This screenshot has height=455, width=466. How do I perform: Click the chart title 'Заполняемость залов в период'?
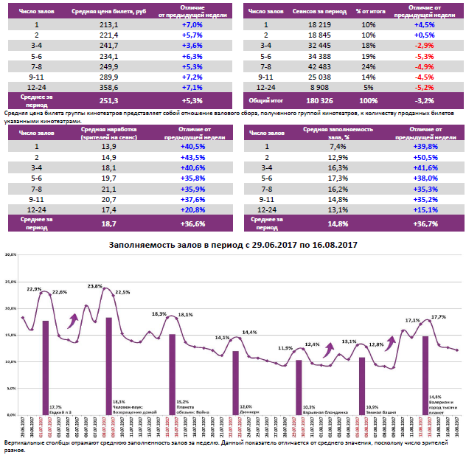233,245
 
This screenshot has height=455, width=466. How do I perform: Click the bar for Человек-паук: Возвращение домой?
109,365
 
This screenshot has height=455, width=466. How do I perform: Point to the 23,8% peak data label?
95,286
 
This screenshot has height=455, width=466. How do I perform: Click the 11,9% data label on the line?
285,348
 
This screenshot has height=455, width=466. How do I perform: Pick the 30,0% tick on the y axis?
10,254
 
